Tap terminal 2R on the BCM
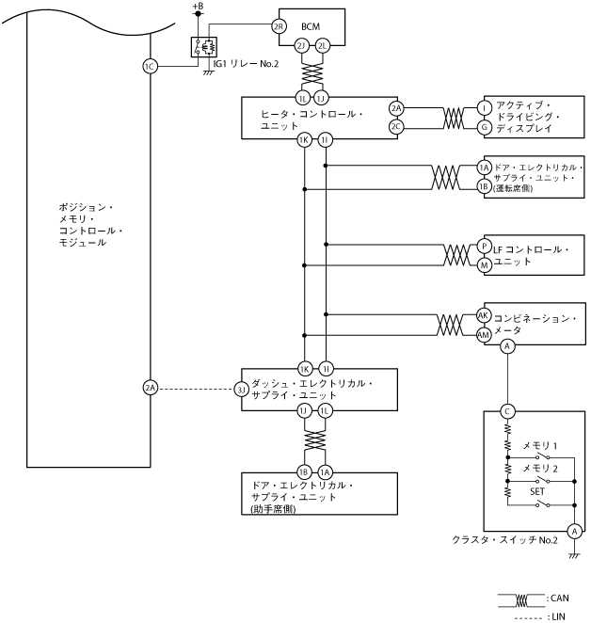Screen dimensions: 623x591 point(279,25)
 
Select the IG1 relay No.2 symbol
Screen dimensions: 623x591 point(204,46)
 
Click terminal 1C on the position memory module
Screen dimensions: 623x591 point(150,66)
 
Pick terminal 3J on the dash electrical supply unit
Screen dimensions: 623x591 point(242,388)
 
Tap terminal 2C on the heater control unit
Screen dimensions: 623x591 point(396,126)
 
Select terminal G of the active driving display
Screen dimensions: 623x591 point(484,126)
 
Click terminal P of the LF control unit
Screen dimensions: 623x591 point(484,246)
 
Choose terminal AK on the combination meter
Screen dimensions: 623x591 point(484,315)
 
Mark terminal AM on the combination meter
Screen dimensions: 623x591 point(484,333)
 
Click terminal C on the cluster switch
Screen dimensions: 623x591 point(507,410)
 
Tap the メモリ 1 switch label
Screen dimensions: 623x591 point(540,444)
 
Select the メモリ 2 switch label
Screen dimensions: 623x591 point(540,468)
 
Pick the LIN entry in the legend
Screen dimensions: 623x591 point(555,615)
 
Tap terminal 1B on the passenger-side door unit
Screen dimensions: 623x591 point(304,471)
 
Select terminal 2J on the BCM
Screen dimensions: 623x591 point(302,45)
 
